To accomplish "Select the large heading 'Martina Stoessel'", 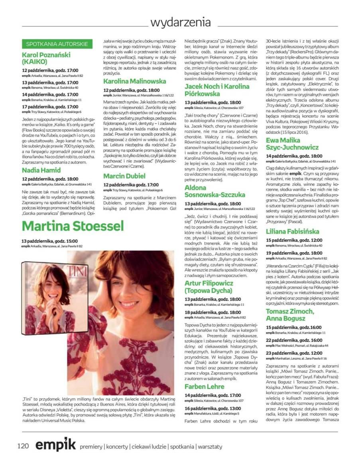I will click(73, 226).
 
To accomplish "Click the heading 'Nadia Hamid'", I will click(41, 170).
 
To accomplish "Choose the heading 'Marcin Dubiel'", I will click(124, 176).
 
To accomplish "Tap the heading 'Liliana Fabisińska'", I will click(293, 231).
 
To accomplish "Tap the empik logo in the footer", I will click(55, 445).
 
